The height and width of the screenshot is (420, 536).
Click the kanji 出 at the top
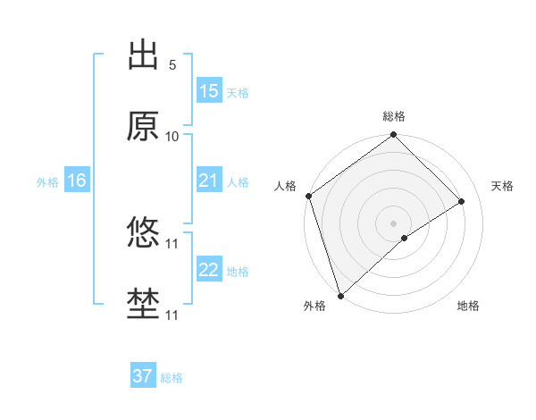143,55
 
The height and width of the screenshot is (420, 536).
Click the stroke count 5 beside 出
172,64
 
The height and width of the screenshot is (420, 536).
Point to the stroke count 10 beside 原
172,136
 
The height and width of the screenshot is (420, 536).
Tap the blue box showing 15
209,91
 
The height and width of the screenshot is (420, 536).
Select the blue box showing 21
209,181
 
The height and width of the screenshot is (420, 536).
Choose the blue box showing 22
209,270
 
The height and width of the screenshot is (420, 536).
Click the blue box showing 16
77,181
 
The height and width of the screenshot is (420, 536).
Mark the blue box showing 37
143,376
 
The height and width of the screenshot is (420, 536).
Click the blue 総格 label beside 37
172,378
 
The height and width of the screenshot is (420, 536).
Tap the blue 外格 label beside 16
47,181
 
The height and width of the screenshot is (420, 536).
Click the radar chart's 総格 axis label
394,116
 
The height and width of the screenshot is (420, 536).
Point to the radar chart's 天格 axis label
503,186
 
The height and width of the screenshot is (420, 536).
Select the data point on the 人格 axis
308,196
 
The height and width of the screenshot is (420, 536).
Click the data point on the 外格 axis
340,295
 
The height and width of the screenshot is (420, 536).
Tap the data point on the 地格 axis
405,238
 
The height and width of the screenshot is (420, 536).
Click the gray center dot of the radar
394,223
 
